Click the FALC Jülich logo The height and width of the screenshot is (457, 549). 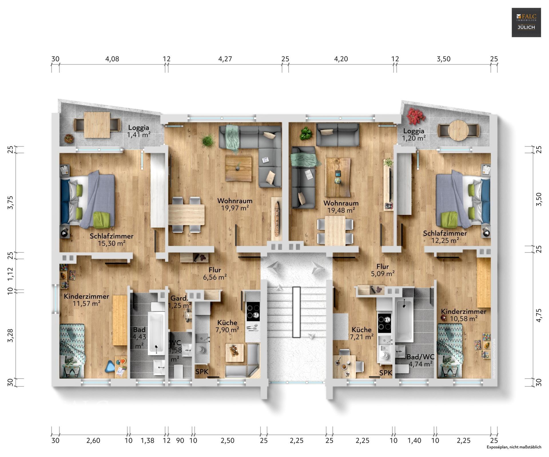(x=526, y=23)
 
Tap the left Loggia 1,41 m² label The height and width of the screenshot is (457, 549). (x=139, y=131)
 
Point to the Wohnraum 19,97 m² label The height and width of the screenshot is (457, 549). (x=235, y=204)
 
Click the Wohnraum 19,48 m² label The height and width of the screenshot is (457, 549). (x=341, y=207)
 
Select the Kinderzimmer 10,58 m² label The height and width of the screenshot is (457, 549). (x=463, y=315)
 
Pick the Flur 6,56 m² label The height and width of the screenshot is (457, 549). (x=215, y=273)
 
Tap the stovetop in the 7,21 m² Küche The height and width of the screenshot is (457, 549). (x=384, y=323)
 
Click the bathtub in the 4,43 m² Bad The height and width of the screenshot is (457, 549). (x=156, y=333)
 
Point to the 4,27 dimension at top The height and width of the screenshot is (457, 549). (x=225, y=59)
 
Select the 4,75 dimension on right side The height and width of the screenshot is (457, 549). (x=539, y=315)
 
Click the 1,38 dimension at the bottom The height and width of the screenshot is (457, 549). (x=147, y=441)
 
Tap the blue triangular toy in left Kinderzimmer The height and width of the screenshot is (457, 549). (x=110, y=367)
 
